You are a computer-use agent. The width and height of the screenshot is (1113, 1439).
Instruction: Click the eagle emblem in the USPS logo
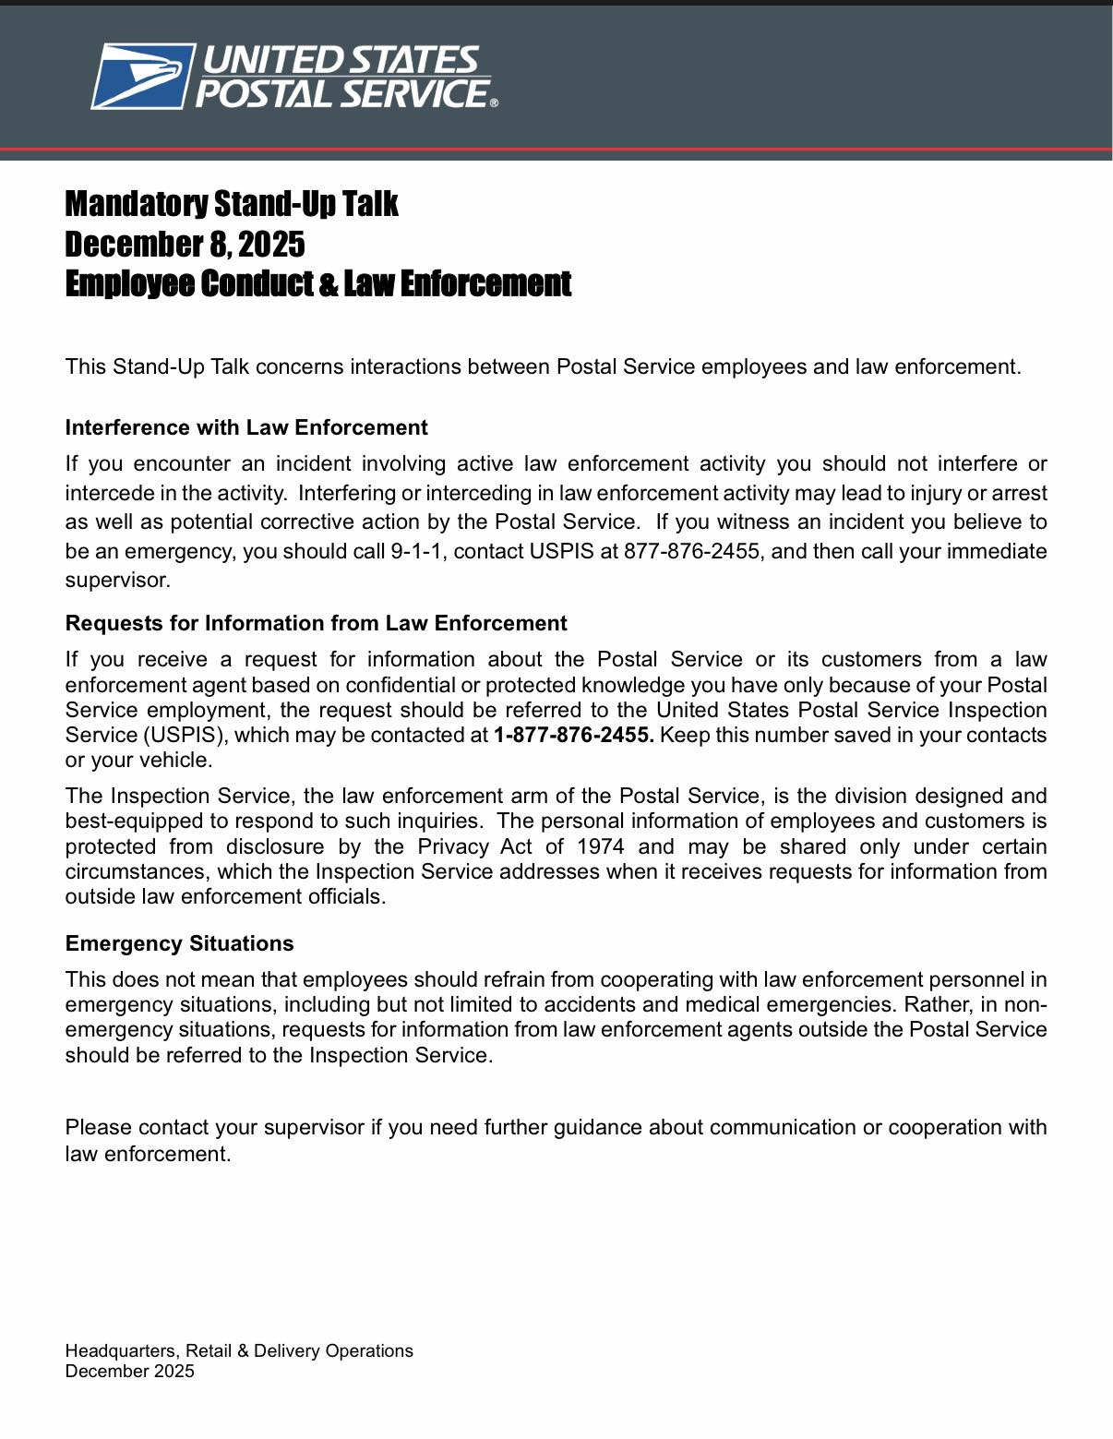pyautogui.click(x=143, y=76)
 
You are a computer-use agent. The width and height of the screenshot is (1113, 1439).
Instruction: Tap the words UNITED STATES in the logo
pyautogui.click(x=341, y=60)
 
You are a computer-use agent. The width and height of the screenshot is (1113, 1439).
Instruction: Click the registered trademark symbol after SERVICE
pyautogui.click(x=494, y=103)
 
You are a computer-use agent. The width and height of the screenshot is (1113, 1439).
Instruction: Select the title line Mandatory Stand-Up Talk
pyautogui.click(x=231, y=204)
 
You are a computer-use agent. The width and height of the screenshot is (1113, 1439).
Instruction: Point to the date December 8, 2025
pyautogui.click(x=185, y=245)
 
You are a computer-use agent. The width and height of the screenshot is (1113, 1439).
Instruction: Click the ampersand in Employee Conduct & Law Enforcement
pyautogui.click(x=329, y=284)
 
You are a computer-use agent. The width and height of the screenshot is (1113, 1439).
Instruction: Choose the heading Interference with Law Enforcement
pyautogui.click(x=246, y=427)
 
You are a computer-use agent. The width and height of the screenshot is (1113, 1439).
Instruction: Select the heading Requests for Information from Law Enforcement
pyautogui.click(x=316, y=623)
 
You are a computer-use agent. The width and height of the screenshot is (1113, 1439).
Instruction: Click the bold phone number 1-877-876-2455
pyautogui.click(x=573, y=736)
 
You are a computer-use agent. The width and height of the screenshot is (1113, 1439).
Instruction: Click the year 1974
pyautogui.click(x=600, y=847)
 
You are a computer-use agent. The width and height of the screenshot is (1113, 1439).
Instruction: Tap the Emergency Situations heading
pyautogui.click(x=179, y=943)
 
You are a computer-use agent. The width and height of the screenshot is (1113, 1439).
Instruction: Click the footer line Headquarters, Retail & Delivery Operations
pyautogui.click(x=239, y=1350)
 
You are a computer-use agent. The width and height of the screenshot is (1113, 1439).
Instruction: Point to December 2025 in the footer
pyautogui.click(x=129, y=1371)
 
